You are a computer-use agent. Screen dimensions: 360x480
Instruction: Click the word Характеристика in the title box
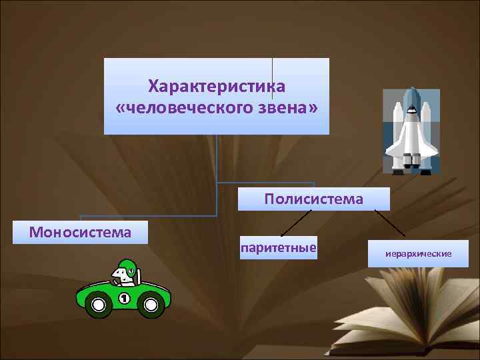pyautogui.click(x=217, y=87)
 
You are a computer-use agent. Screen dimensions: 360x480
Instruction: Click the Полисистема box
pyautogui.click(x=313, y=199)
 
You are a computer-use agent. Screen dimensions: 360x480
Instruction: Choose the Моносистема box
pyautogui.click(x=80, y=232)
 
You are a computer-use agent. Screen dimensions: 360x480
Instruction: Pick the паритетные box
pyautogui.click(x=278, y=248)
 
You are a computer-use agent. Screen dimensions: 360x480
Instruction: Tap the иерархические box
pyautogui.click(x=418, y=254)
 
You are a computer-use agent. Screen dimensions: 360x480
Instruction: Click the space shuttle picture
pyautogui.click(x=411, y=131)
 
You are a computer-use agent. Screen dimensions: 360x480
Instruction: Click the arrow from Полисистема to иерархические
pyautogui.click(x=390, y=223)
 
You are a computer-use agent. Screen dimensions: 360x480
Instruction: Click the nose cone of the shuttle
pyautogui.click(x=411, y=93)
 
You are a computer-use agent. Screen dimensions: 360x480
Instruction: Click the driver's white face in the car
pyautogui.click(x=121, y=275)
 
